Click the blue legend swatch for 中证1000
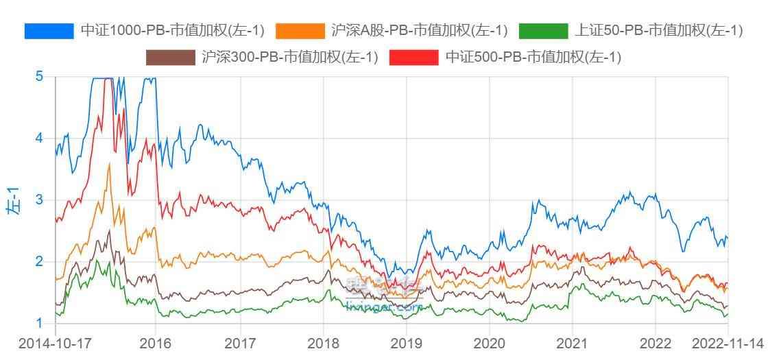49,31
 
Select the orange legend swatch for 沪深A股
300,31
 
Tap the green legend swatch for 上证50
544,31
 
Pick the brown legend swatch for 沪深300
171,58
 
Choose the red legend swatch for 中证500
413,58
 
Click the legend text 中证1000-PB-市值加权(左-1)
172,31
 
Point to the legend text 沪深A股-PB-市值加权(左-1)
419,31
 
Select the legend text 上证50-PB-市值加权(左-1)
658,31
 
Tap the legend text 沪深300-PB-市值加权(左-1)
290,58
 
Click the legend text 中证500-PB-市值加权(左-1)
533,58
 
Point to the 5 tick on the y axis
39,76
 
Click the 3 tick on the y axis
39,200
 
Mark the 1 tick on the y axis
39,323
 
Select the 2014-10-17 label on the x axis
55,343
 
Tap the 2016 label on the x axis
156,343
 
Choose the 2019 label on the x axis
406,343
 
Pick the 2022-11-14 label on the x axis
728,343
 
